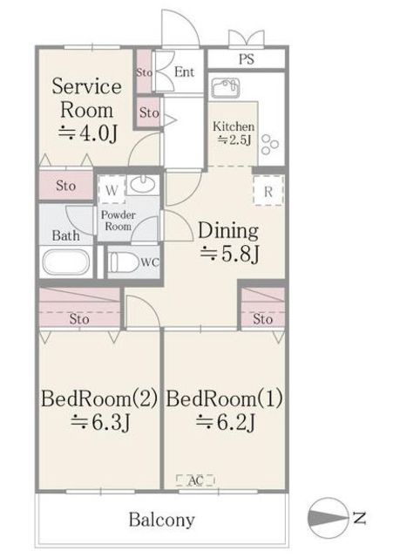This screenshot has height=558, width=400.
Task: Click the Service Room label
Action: point(86,98)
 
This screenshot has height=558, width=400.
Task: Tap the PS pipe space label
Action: point(247,58)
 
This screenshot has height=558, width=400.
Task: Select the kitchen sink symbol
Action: point(225,88)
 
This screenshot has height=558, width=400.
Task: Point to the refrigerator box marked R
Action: point(268,190)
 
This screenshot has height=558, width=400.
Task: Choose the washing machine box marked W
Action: point(112,190)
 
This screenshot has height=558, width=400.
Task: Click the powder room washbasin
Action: point(143,184)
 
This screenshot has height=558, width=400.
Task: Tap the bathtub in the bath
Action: point(65,262)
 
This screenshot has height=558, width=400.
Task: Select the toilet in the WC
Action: point(124,262)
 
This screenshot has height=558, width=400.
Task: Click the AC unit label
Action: point(195,480)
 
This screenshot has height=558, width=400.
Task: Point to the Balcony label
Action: point(162,520)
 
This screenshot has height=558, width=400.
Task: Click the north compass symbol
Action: point(327,517)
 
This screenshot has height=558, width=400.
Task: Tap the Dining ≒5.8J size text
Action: point(230,254)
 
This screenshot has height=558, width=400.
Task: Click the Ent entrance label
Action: point(185,71)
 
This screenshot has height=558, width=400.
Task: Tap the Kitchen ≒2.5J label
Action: point(234,133)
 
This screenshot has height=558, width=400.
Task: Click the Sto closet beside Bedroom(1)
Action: point(263,308)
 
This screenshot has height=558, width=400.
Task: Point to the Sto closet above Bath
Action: point(65,185)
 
